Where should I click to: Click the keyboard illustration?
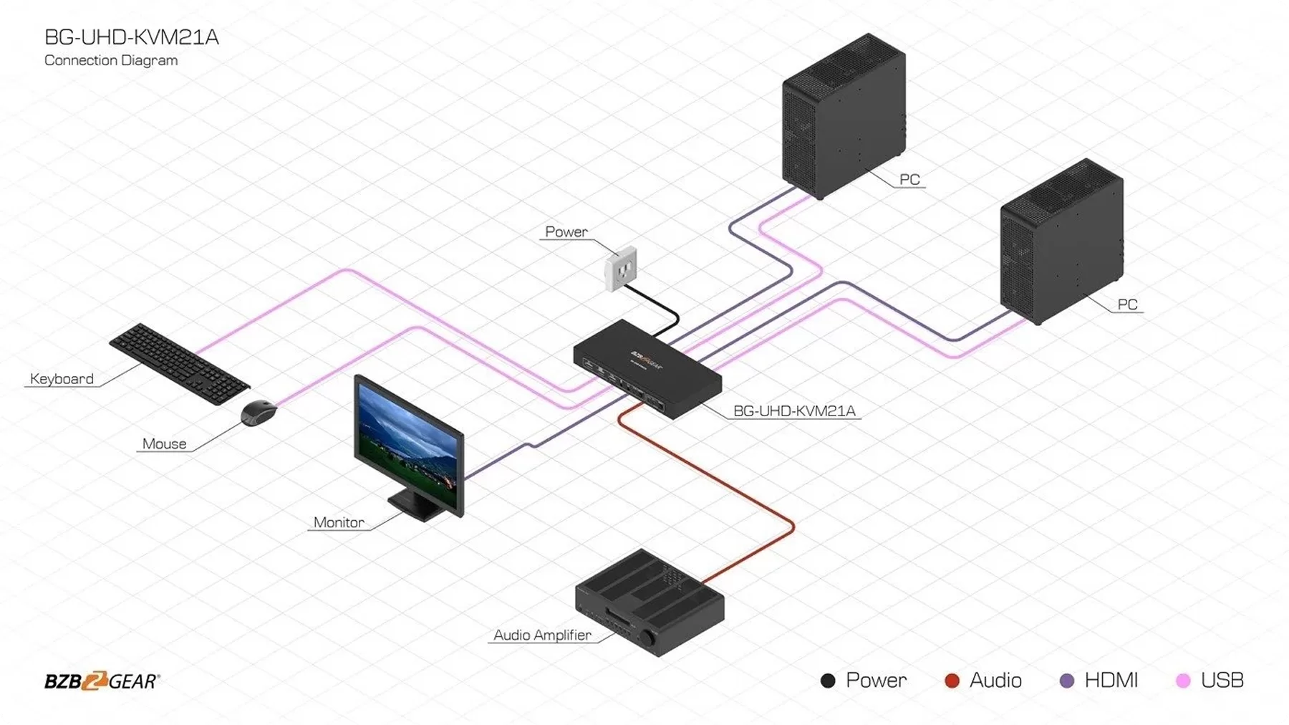pyautogui.click(x=179, y=363)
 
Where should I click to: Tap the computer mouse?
pyautogui.click(x=259, y=413)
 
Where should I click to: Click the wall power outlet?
pyautogui.click(x=620, y=269)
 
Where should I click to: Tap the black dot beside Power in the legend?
pyautogui.click(x=828, y=681)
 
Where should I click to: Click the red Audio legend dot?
pyautogui.click(x=952, y=681)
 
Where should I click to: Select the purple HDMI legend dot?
pyautogui.click(x=1067, y=681)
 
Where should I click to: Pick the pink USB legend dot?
pyautogui.click(x=1183, y=681)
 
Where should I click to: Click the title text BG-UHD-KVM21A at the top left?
pyautogui.click(x=131, y=37)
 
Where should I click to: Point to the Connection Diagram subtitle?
pyautogui.click(x=111, y=61)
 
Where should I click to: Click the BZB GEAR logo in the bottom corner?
pyautogui.click(x=102, y=681)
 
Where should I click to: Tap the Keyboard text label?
pyautogui.click(x=62, y=379)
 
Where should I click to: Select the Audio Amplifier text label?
pyautogui.click(x=542, y=635)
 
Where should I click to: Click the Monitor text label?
pyautogui.click(x=339, y=522)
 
